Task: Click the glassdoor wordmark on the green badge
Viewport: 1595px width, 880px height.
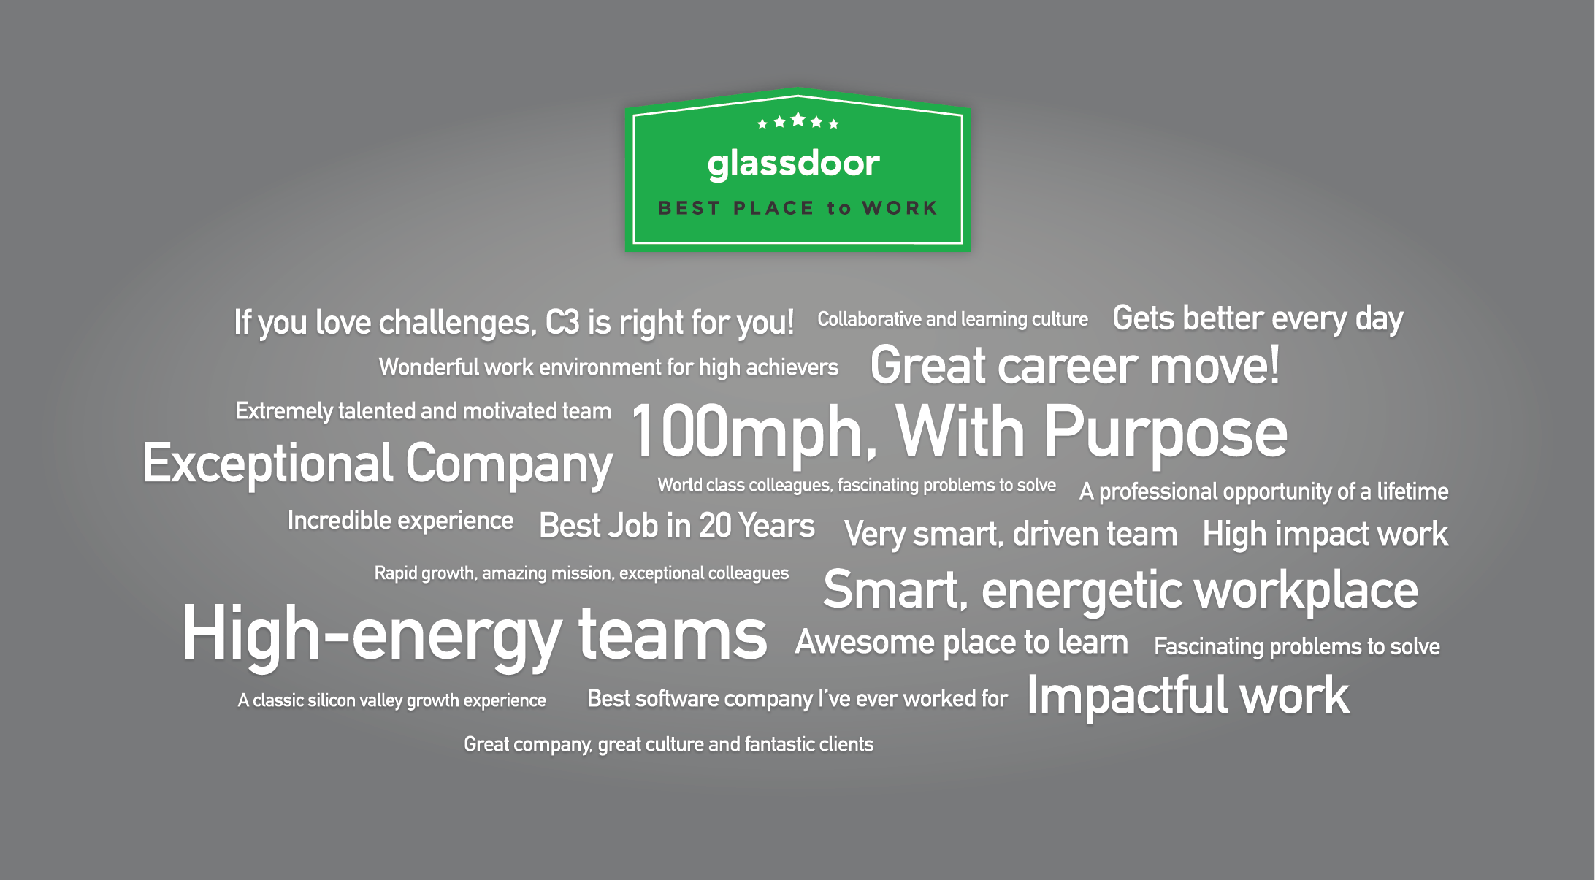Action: pos(793,164)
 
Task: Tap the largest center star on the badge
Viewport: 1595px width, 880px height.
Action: pos(797,119)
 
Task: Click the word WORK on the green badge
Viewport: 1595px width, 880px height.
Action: pos(900,208)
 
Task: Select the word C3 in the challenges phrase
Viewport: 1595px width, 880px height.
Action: pos(562,322)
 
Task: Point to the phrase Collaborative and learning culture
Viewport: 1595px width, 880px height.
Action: pos(952,319)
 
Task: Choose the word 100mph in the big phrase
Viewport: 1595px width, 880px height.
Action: pos(753,432)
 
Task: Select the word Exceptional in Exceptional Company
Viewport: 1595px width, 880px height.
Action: pos(268,464)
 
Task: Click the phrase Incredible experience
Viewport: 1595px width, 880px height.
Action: pos(400,521)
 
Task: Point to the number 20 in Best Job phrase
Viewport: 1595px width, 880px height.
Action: pos(715,526)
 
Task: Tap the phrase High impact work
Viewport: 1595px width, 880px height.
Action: pos(1325,534)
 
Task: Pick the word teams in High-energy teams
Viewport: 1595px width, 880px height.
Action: pos(672,634)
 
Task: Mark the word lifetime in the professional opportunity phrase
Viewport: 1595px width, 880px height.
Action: pos(1412,491)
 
